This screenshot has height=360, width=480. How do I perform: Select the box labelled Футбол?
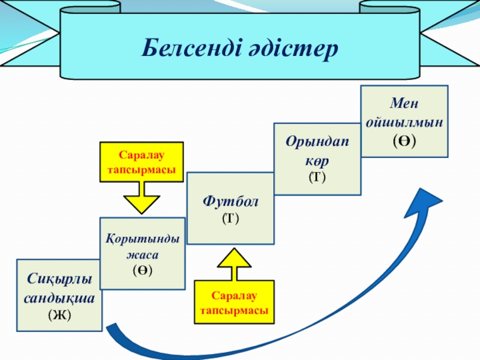tap(230, 208)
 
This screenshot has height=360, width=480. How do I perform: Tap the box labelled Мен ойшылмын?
tap(404, 121)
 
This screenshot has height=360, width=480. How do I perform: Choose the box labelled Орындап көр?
tap(317, 159)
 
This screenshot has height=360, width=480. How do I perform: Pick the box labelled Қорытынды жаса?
tap(142, 254)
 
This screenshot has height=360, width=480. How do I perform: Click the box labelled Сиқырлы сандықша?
tap(59, 295)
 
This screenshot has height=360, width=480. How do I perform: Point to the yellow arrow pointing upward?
tap(234, 265)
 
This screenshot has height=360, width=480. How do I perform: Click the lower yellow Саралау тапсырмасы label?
tap(235, 302)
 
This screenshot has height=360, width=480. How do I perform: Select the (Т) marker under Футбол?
tap(230, 218)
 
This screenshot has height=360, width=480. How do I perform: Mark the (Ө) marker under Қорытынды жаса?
tap(142, 270)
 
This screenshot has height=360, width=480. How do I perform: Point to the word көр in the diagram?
tap(317, 162)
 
